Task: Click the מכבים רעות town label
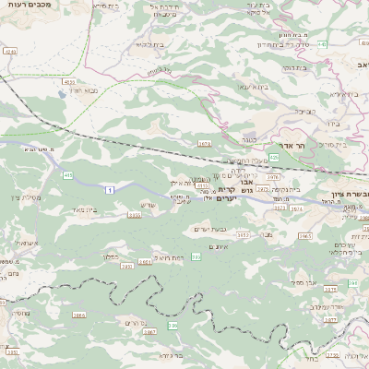point(29,6)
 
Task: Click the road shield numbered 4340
point(9,53)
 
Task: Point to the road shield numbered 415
point(68,174)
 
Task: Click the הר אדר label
point(279,145)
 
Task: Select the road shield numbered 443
point(322,43)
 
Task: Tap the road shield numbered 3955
point(135,215)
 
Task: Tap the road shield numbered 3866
point(80,315)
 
